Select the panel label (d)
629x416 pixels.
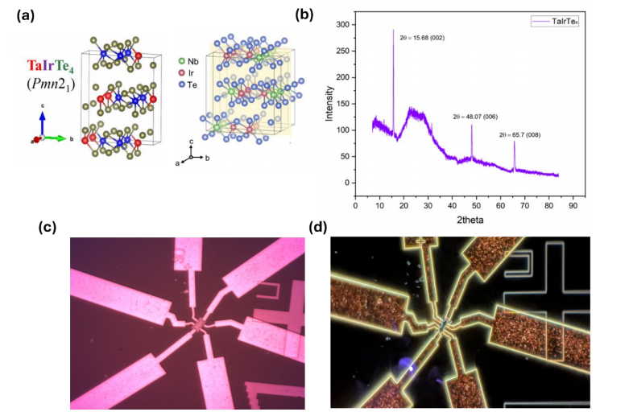pyautogui.click(x=321, y=228)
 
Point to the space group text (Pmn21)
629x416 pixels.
pyautogui.click(x=48, y=84)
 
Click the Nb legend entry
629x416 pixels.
pyautogui.click(x=189, y=60)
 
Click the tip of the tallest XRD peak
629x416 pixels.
pyautogui.click(x=393, y=31)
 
